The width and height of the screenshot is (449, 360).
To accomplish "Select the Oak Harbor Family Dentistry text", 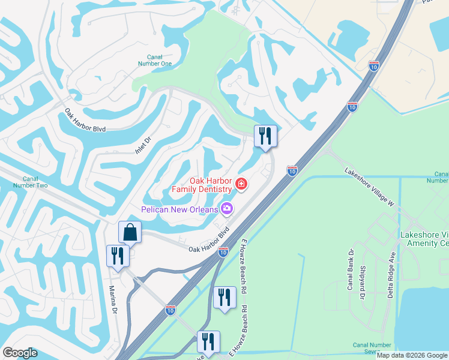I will click(x=202, y=185).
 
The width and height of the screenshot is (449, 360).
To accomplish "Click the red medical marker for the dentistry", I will click(x=241, y=184).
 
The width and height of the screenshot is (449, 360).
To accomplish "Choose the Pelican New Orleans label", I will click(x=179, y=209).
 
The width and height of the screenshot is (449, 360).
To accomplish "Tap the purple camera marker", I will click(x=227, y=208).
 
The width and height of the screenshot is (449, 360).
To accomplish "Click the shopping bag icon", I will click(x=130, y=232).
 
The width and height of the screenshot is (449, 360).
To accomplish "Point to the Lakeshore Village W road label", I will click(x=369, y=187).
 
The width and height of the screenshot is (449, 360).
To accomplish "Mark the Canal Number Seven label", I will click(x=372, y=348).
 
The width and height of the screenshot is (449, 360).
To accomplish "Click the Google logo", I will click(x=20, y=353).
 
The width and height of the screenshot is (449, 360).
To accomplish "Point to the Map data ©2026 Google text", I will click(x=412, y=355).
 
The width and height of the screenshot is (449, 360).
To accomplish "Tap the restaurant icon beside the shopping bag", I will click(x=118, y=256).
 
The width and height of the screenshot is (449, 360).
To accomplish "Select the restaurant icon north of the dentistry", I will click(x=265, y=136).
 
